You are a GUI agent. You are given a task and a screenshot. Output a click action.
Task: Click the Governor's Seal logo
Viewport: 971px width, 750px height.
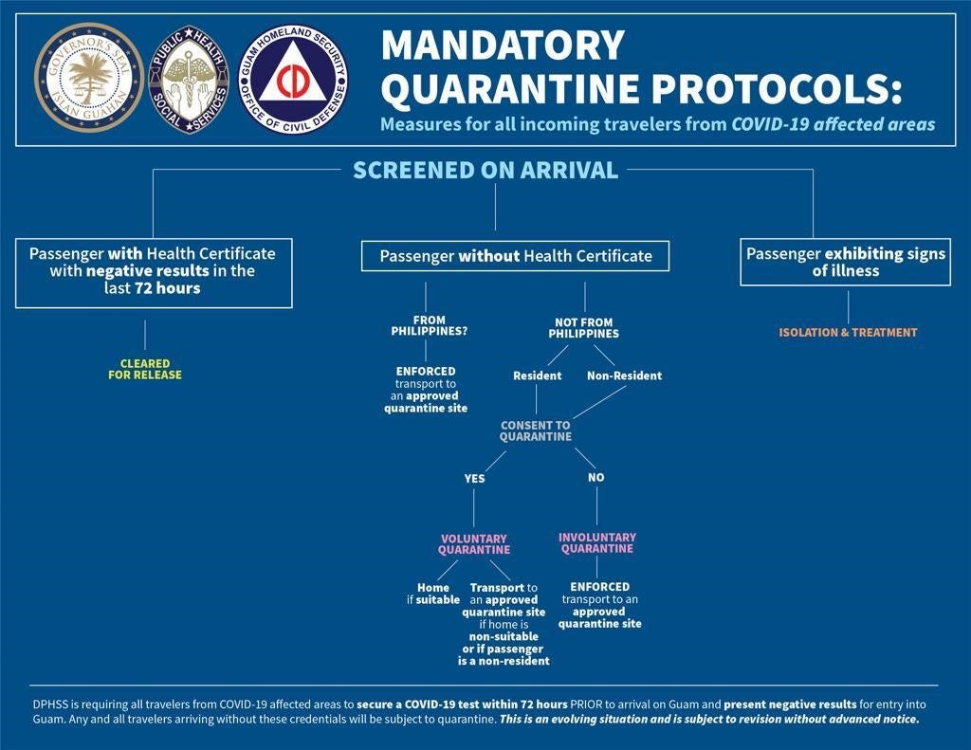pyautogui.click(x=89, y=79)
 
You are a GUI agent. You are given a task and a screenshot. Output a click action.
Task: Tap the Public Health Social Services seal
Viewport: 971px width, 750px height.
pyautogui.click(x=191, y=79)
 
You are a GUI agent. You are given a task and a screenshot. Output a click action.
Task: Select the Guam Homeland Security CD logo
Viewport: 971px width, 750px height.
pyautogui.click(x=294, y=79)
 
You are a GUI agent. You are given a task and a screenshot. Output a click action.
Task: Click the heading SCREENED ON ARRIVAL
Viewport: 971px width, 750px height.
pyautogui.click(x=485, y=171)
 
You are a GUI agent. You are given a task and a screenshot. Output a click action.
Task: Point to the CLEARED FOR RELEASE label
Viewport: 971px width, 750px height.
pyautogui.click(x=145, y=369)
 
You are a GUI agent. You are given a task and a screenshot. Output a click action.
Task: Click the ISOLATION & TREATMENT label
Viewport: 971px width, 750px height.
pyautogui.click(x=848, y=333)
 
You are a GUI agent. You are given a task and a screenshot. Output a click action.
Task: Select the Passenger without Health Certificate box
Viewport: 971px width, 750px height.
pyautogui.click(x=516, y=256)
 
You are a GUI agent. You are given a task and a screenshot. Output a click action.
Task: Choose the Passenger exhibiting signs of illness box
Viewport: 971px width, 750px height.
pyautogui.click(x=845, y=263)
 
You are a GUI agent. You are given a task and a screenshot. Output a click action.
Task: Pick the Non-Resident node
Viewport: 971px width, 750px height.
pyautogui.click(x=624, y=375)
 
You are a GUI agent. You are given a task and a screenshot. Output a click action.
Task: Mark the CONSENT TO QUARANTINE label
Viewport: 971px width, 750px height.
pyautogui.click(x=536, y=431)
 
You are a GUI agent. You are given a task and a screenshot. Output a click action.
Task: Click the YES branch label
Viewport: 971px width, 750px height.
pyautogui.click(x=474, y=479)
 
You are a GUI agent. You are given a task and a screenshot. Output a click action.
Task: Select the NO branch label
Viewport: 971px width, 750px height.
pyautogui.click(x=595, y=478)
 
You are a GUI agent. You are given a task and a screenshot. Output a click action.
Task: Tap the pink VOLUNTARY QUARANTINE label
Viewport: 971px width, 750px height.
pyautogui.click(x=474, y=544)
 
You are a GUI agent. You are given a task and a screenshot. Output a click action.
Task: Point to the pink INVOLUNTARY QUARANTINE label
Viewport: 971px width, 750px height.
pyautogui.click(x=596, y=543)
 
